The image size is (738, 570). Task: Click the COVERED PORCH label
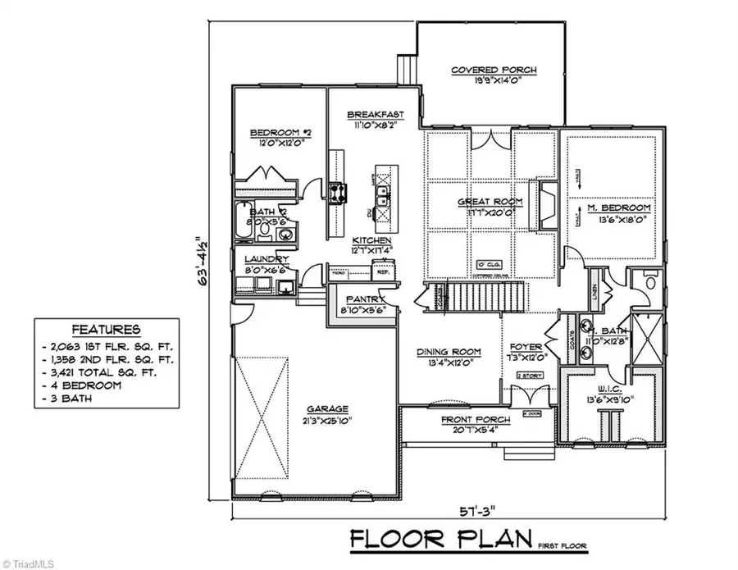tap(493, 71)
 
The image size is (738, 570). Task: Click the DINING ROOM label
tap(449, 352)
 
